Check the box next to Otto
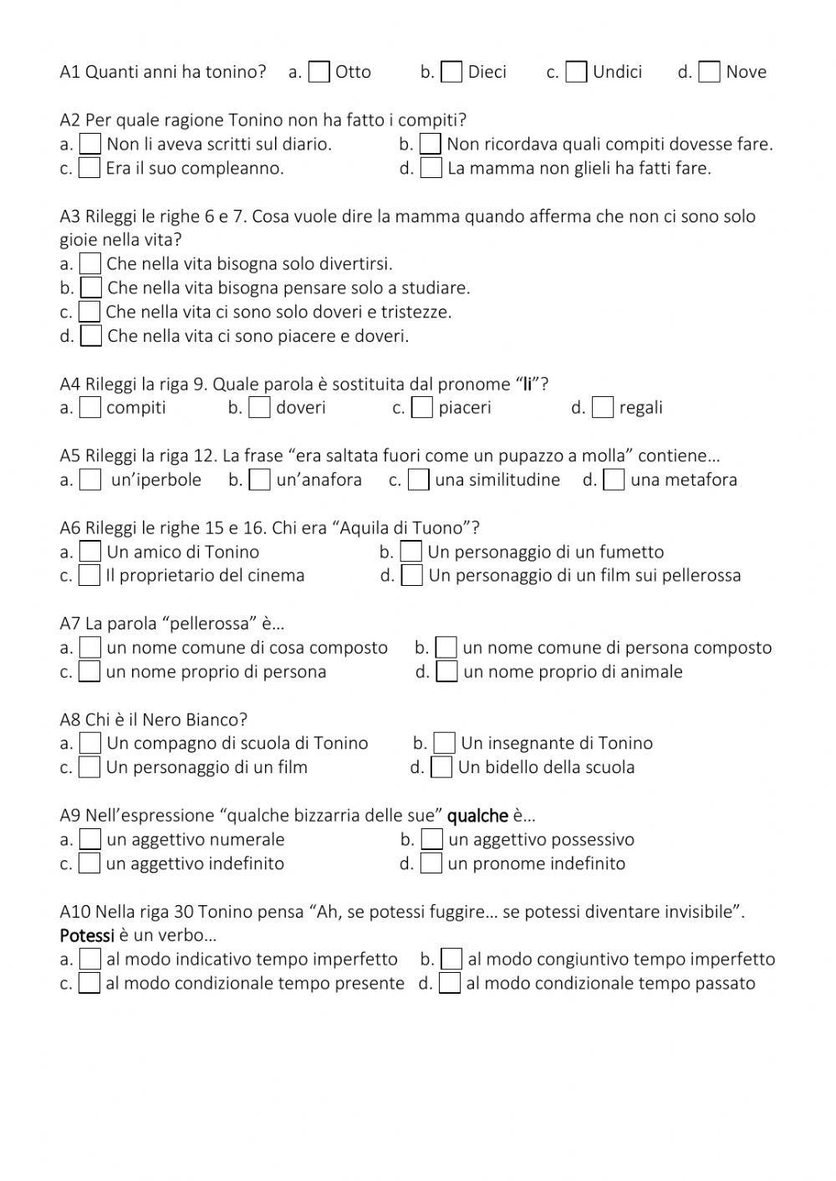tap(319, 73)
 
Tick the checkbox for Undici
tap(576, 73)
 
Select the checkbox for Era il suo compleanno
tap(89, 169)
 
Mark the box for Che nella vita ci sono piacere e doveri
tap(91, 337)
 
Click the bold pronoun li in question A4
tap(528, 384)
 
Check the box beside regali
tap(602, 408)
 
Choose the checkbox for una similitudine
tap(419, 481)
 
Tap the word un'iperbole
tap(155, 480)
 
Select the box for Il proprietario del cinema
tap(89, 576)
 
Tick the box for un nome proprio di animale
tap(447, 672)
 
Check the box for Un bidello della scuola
tap(441, 768)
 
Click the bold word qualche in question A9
tap(477, 816)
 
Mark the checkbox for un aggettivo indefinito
tap(89, 864)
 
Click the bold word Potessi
tap(87, 935)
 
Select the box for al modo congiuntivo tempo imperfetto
tap(451, 960)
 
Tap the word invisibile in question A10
tap(700, 912)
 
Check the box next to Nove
tap(709, 73)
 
